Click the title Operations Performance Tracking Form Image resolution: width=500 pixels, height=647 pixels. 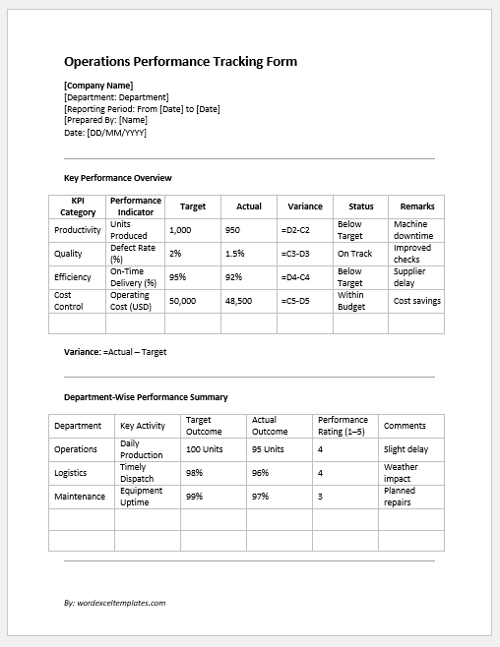click(x=180, y=62)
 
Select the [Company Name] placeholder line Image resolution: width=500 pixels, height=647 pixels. click(x=97, y=86)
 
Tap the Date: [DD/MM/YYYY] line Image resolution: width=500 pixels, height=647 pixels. click(x=105, y=132)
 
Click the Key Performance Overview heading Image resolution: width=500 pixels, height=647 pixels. click(x=117, y=178)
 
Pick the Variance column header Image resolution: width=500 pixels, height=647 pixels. click(x=305, y=206)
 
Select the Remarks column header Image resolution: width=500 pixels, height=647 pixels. click(x=417, y=206)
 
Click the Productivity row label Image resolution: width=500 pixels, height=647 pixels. click(x=78, y=230)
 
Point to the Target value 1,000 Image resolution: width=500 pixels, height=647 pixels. click(x=180, y=230)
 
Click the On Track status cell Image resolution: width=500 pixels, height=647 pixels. click(x=354, y=254)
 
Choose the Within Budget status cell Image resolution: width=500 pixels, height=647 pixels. click(x=351, y=301)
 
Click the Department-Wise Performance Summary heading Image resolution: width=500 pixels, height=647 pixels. click(x=146, y=397)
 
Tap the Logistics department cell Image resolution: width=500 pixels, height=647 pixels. click(x=72, y=473)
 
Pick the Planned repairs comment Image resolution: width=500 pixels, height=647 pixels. click(x=400, y=497)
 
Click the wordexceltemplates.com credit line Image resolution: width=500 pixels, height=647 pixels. click(x=114, y=603)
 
